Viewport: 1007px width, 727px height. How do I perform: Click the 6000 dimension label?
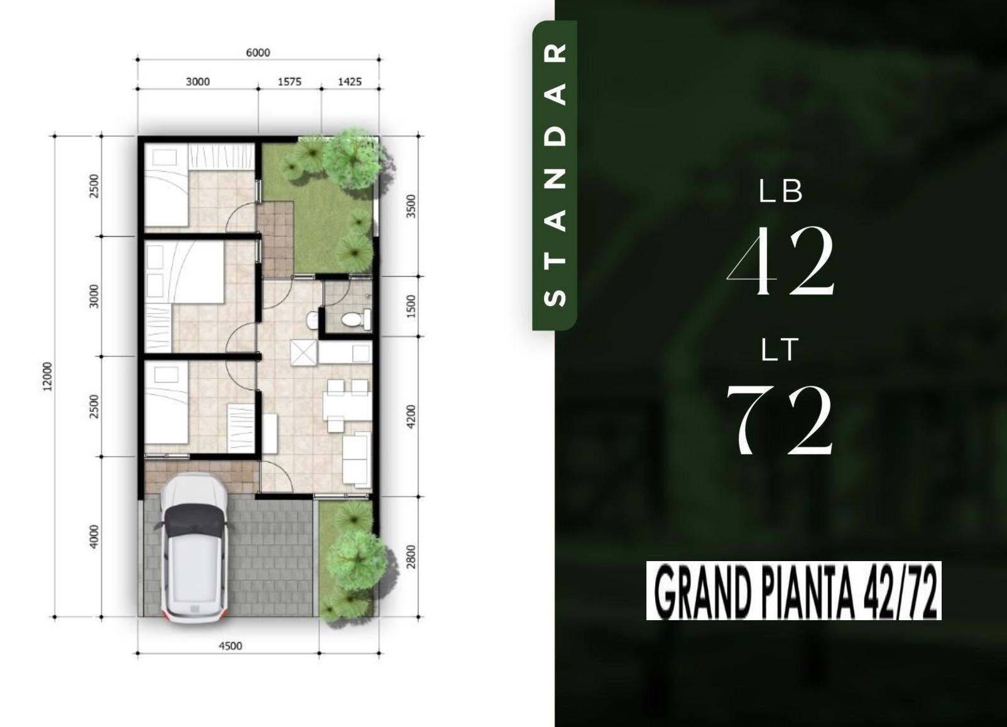pos(258,53)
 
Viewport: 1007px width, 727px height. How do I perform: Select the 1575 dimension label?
pos(290,82)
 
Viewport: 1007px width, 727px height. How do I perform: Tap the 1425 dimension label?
pos(350,82)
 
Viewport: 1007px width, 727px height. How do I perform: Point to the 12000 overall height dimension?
pos(48,376)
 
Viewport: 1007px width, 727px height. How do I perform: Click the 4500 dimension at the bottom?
pos(230,646)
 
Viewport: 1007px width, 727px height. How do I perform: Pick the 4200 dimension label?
pos(410,417)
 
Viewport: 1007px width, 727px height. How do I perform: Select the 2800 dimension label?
pos(410,557)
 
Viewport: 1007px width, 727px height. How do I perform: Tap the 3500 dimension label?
pos(410,206)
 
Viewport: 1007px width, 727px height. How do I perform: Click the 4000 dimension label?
pos(94,537)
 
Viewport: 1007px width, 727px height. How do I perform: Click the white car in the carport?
pos(193,548)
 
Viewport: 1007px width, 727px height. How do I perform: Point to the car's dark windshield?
pos(193,521)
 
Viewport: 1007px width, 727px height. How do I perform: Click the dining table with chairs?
pos(347,405)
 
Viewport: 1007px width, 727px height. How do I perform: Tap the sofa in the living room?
pos(357,459)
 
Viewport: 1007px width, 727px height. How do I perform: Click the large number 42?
pos(781,261)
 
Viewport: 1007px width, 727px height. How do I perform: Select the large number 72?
pos(780,419)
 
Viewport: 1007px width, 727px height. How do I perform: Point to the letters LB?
pos(780,191)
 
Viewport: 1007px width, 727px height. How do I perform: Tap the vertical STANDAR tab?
pos(554,175)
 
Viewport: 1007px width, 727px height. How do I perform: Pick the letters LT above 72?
pos(780,350)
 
